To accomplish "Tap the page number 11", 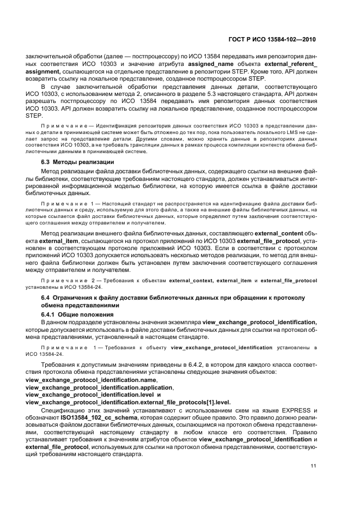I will (313, 466).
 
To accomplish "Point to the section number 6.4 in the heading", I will (47, 297).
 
